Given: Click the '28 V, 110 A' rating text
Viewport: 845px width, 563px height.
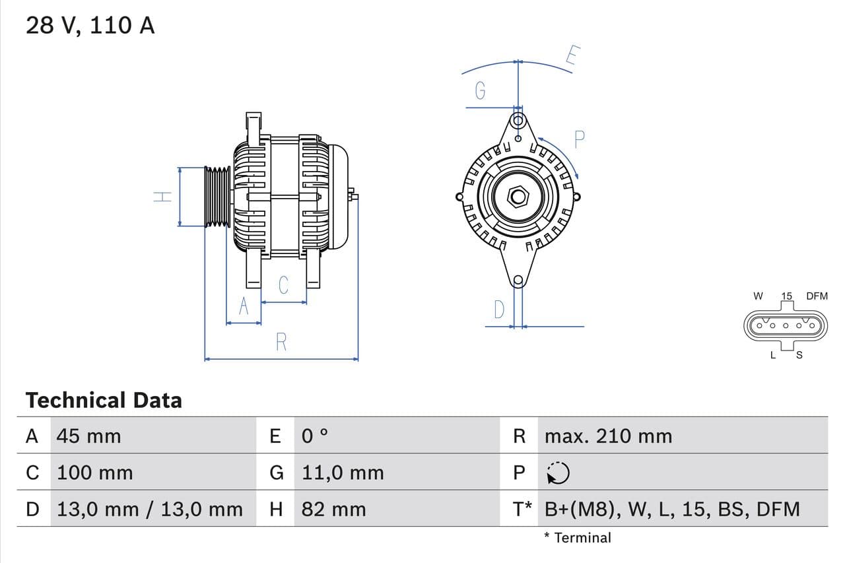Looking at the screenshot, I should [90, 26].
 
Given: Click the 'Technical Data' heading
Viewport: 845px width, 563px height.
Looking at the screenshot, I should [104, 400].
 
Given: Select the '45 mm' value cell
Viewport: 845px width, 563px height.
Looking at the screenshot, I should [89, 436].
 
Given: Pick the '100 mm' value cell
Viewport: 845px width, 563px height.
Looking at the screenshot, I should [95, 473].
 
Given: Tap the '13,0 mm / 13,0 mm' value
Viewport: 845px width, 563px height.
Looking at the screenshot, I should [150, 509].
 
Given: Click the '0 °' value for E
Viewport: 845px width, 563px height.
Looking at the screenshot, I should [315, 436].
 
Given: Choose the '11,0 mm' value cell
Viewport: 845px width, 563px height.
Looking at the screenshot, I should [343, 473].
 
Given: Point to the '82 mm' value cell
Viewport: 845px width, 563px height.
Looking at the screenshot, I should [333, 509].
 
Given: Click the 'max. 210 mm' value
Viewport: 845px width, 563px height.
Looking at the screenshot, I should [608, 436].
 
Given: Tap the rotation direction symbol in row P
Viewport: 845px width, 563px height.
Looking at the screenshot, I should [558, 473].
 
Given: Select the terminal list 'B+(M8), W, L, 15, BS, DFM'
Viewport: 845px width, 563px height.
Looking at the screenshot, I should [672, 509].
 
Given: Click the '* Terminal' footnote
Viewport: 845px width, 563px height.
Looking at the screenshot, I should [578, 537].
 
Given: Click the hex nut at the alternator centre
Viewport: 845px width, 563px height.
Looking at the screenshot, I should [518, 197].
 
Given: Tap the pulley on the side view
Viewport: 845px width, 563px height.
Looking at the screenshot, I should [217, 197].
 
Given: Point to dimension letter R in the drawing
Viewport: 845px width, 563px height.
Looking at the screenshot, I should [281, 342].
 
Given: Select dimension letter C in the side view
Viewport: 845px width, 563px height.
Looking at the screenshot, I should [283, 285].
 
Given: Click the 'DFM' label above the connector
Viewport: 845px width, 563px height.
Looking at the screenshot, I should [817, 296].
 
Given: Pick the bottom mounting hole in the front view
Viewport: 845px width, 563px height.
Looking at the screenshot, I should [518, 280].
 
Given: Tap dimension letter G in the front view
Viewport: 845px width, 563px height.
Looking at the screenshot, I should [481, 90].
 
